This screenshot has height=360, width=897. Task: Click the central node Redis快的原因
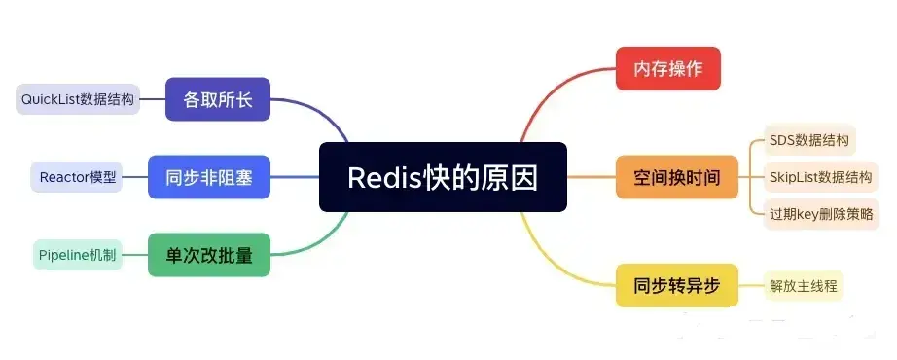click(443, 177)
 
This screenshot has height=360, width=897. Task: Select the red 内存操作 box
click(668, 68)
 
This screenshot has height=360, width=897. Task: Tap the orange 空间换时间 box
click(676, 177)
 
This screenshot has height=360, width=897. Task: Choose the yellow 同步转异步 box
click(676, 286)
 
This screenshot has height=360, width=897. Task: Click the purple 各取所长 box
click(217, 98)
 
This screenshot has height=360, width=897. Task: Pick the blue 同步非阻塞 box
click(209, 177)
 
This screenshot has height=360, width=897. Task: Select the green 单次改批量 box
click(209, 255)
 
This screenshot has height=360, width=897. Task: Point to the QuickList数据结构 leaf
click(79, 98)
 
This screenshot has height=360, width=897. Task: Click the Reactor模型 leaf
click(77, 177)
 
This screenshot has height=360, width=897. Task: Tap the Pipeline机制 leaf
click(77, 255)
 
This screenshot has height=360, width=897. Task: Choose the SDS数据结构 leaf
click(807, 140)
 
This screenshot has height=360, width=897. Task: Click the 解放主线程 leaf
click(803, 286)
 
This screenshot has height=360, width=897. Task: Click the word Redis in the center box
click(381, 178)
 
